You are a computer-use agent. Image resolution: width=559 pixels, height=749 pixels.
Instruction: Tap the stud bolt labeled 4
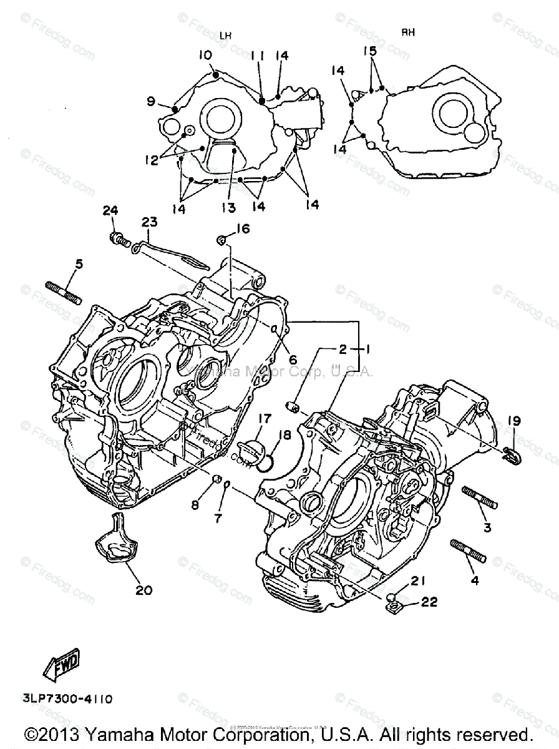[467, 550]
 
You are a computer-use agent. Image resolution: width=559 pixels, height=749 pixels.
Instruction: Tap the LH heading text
[225, 36]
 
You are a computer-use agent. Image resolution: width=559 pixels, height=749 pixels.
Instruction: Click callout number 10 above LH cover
[205, 55]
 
